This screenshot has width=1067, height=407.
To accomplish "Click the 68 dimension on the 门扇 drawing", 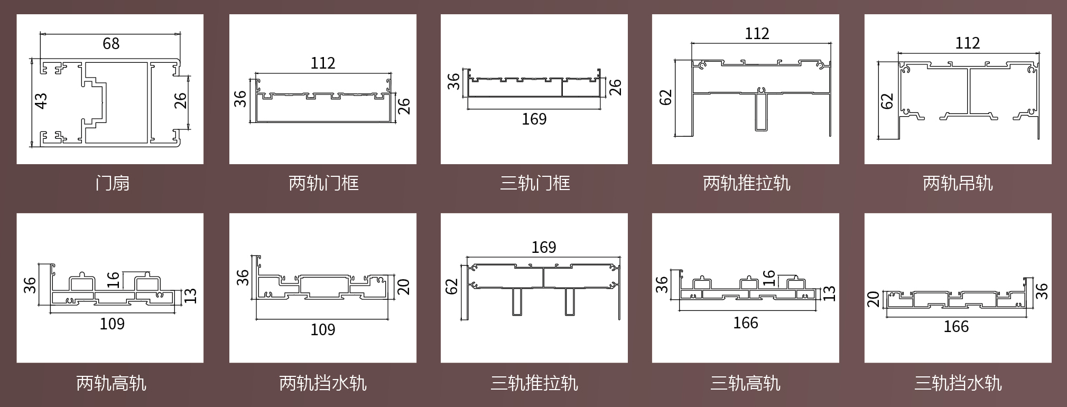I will click(111, 43).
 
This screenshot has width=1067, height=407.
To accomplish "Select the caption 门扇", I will click(112, 183).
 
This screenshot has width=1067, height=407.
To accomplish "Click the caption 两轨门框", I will click(323, 183).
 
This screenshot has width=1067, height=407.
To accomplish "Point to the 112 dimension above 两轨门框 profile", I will click(322, 63).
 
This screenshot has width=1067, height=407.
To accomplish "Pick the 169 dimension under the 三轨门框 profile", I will click(534, 119).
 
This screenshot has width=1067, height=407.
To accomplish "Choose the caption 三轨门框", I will click(535, 183).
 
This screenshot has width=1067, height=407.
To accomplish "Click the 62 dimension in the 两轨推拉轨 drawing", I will click(665, 98).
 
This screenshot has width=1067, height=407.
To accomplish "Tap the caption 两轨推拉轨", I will click(746, 183).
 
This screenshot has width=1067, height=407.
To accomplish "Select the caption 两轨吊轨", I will click(958, 183).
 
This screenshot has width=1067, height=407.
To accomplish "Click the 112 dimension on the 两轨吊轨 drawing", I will click(967, 43).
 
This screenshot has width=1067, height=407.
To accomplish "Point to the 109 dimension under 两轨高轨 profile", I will click(112, 324).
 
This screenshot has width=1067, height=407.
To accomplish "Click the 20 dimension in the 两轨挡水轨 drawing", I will click(403, 287).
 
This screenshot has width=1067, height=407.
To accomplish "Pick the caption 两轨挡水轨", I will click(323, 383).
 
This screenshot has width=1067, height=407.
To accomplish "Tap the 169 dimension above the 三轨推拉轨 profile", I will click(543, 247).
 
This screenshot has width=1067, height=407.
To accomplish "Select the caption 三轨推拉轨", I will click(534, 383).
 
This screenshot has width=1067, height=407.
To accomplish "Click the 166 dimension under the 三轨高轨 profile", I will click(745, 323).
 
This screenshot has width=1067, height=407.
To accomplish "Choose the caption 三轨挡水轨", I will click(958, 383).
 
